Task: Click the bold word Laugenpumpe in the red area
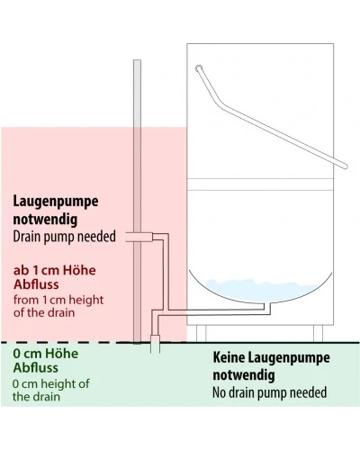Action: coord(56,202)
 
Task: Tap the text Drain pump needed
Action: coord(64,237)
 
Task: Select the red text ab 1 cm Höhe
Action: coord(55,270)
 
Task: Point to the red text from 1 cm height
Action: coord(58,300)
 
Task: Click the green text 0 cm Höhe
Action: coord(46,354)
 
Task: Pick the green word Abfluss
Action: coord(36,367)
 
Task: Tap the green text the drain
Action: coord(36,397)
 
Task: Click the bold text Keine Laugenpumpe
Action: coord(271,357)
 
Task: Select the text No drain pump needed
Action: coord(269,392)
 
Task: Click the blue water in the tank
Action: coord(261,290)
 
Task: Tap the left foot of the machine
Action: coord(201,333)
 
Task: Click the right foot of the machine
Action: coord(318,333)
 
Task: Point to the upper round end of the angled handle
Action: coord(199,68)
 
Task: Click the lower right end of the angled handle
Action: coord(345,166)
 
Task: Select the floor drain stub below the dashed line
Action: coord(155,347)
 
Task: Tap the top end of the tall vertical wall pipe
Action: coord(137,60)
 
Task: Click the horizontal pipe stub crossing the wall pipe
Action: coord(139,237)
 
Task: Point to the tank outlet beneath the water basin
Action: coord(267,307)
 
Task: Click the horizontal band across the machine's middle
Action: coord(260,184)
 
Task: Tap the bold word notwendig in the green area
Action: coord(244,375)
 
